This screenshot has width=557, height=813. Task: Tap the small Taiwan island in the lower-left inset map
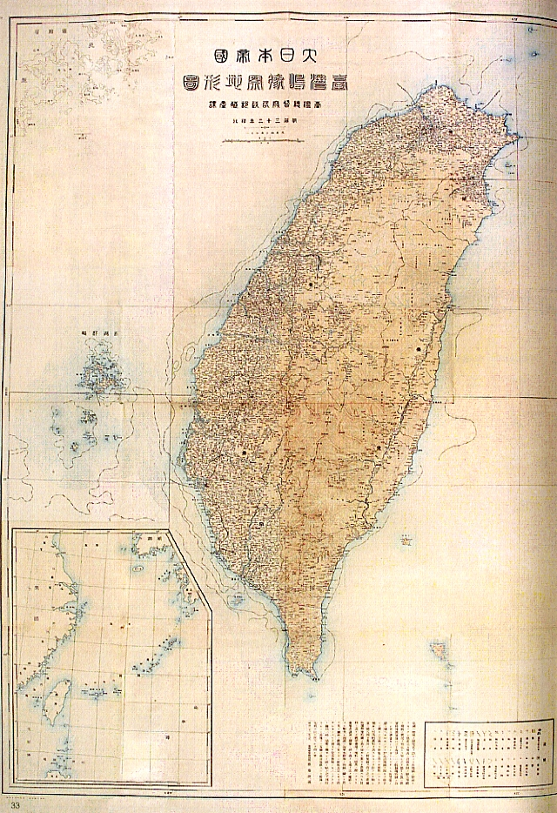pos(58,696)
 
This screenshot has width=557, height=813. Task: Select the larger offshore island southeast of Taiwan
pos(440,649)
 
